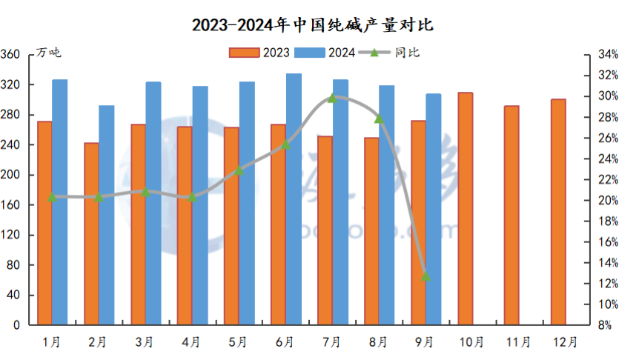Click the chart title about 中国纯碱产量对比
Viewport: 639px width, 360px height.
point(312,25)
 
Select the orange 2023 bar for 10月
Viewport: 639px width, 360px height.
point(465,209)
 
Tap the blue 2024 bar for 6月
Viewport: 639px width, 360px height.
point(294,199)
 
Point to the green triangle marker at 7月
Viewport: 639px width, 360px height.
point(331,98)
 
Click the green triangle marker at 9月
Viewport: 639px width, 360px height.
point(426,276)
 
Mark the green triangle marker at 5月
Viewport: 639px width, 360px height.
point(239,170)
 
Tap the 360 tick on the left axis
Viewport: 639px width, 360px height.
point(11,55)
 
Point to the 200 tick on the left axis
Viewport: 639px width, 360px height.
point(11,175)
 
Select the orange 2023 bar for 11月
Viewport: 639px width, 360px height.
point(511,216)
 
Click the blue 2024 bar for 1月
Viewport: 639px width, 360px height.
point(60,202)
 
